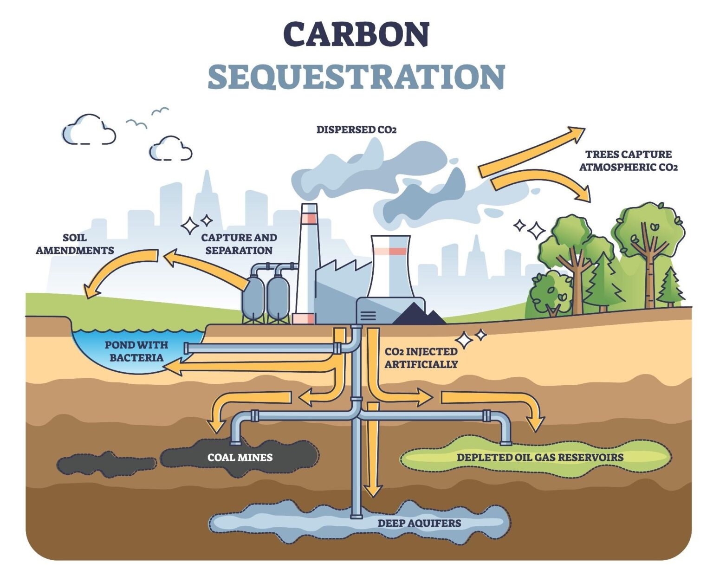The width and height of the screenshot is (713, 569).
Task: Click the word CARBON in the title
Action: (x=356, y=34)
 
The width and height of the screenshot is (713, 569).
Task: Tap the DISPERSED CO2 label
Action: (x=356, y=130)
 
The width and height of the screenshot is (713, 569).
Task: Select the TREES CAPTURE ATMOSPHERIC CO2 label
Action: (x=628, y=161)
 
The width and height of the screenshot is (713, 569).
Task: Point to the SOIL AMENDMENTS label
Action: (x=75, y=244)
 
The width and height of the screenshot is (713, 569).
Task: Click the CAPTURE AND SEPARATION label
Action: (x=239, y=244)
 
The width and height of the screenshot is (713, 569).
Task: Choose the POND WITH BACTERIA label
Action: (x=136, y=351)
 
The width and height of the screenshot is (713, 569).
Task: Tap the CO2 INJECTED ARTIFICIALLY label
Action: (x=421, y=358)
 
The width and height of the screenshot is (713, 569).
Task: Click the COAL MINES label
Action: (x=240, y=458)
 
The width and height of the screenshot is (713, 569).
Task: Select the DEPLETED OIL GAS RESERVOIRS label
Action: (x=540, y=458)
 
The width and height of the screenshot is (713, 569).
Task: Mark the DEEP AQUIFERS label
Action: (x=419, y=524)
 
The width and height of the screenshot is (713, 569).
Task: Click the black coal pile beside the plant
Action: (x=419, y=315)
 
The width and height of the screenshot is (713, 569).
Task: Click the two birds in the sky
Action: (x=148, y=117)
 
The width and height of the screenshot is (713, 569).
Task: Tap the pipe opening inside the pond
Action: (x=187, y=349)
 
